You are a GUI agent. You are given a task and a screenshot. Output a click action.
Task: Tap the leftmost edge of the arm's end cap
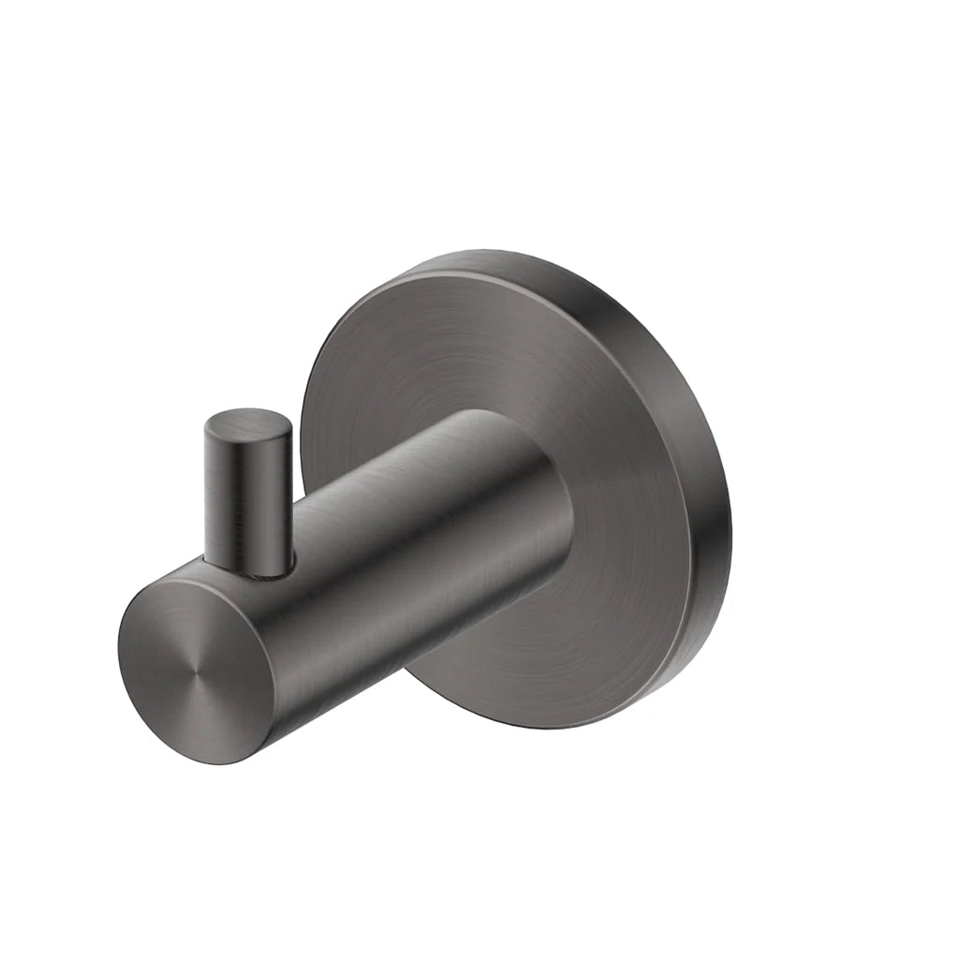(x=120, y=646)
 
